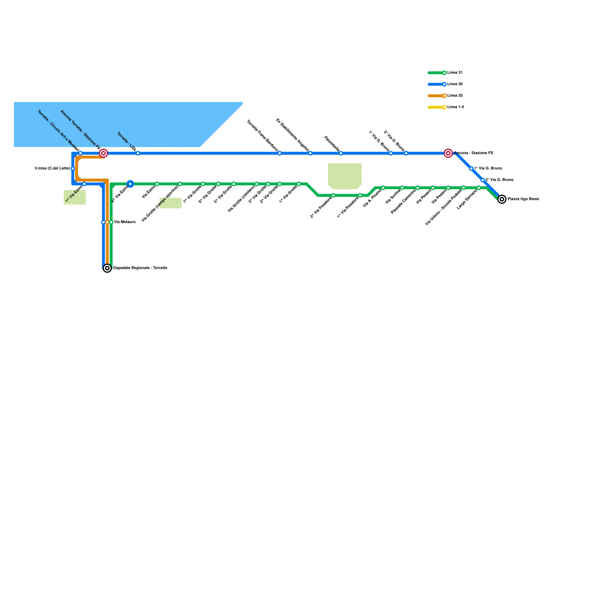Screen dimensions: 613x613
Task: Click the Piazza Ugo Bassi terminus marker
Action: [x=502, y=199]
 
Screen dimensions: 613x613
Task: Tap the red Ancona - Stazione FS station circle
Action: [x=448, y=153]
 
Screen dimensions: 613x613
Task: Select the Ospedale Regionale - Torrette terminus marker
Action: [x=108, y=268]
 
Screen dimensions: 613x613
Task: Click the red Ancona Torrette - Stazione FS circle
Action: [x=103, y=153]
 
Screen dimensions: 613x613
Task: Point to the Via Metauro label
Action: [x=125, y=222]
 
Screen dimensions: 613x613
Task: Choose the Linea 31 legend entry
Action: [x=455, y=73]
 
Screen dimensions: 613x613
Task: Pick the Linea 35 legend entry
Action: [x=455, y=96]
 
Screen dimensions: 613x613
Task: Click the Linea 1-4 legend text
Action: [x=456, y=107]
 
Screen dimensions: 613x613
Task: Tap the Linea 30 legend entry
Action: [x=455, y=84]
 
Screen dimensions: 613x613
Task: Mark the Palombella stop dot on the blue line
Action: [x=341, y=153]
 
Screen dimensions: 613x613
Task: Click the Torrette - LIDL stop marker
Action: [x=138, y=153]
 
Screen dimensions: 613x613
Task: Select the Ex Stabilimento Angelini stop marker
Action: [x=310, y=153]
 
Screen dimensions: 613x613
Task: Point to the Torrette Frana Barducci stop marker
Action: [x=280, y=153]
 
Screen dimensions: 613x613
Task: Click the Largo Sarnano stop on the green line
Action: [x=479, y=188]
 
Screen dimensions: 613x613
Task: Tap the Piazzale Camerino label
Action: [x=403, y=202]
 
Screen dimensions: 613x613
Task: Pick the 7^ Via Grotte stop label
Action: [x=192, y=194]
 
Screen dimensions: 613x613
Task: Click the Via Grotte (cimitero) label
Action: [x=241, y=198]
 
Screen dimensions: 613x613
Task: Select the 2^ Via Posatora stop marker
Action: [x=333, y=195]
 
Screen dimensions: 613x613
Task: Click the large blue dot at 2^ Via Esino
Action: [x=130, y=184]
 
